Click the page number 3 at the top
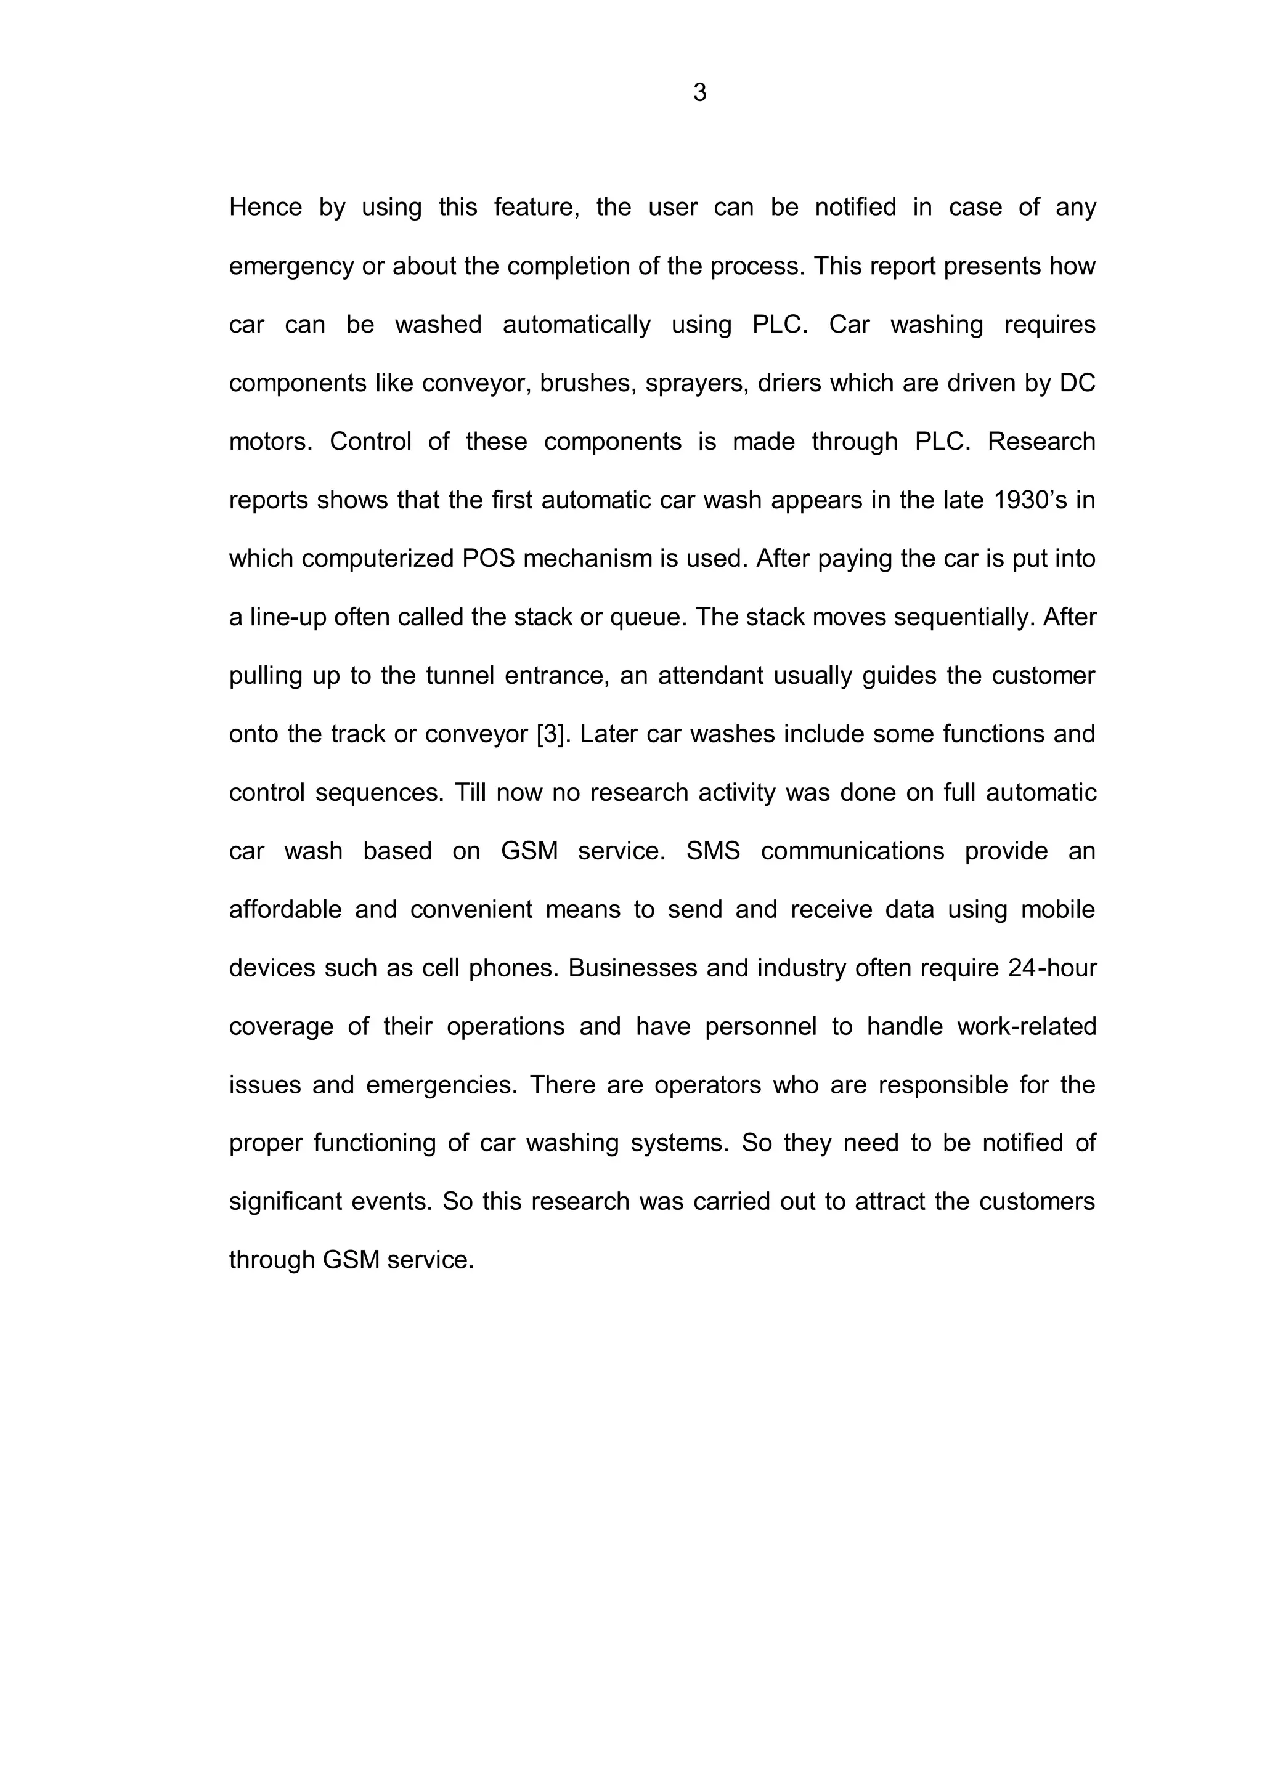(699, 93)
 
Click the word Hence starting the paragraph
(265, 208)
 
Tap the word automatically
(577, 325)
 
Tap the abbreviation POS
(489, 559)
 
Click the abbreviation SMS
(712, 851)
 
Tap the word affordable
(285, 910)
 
